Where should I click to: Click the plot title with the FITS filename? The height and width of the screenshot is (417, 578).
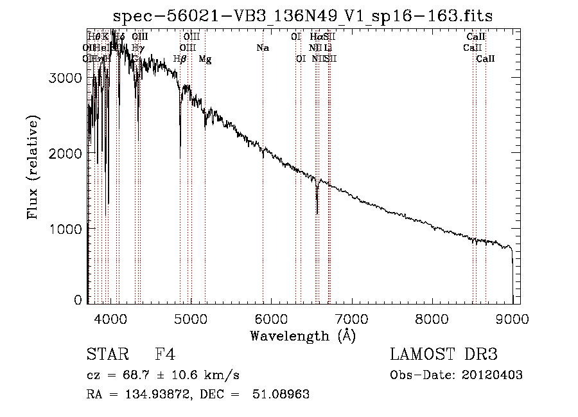pos(302,16)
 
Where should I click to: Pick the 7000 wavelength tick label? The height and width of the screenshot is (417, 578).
pos(351,317)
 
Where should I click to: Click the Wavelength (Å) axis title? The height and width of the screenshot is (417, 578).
pos(302,335)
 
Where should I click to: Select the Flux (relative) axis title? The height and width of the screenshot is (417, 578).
pos(33,167)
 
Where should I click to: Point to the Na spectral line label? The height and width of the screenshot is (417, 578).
pos(262,48)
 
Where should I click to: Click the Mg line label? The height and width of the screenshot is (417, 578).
pos(205,59)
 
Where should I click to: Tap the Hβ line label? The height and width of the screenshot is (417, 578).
pos(180,59)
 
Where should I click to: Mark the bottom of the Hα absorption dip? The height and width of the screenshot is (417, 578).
pos(317,213)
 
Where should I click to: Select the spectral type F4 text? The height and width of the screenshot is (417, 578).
pos(165,355)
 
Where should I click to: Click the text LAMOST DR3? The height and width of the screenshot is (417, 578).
pos(443,355)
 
